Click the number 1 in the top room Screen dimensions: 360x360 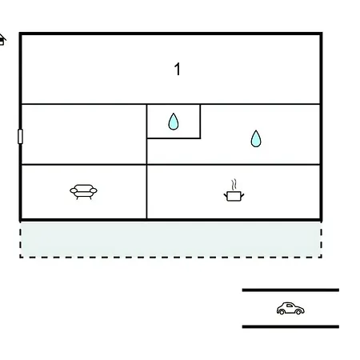178,69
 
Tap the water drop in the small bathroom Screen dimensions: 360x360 174,122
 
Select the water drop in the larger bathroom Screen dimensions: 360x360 256,138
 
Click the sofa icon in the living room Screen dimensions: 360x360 83,192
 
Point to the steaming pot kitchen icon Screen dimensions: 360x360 234,190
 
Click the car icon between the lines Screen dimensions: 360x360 290,308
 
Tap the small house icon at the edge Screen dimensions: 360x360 2,40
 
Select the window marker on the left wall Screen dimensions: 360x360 20,136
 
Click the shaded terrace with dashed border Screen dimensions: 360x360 170,239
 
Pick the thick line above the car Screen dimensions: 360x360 290,290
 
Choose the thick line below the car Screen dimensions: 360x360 290,326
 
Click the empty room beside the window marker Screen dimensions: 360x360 84,134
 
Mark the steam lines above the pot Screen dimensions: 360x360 234,184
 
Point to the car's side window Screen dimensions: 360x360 290,306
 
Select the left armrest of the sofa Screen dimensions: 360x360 74,190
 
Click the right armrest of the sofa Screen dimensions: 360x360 94,190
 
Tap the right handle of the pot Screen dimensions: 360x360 242,195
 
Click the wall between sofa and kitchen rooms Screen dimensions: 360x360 146,192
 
